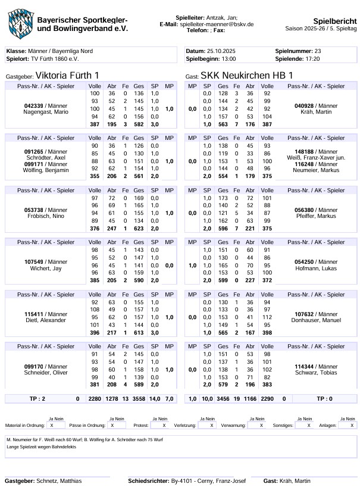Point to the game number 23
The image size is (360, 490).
(317, 51)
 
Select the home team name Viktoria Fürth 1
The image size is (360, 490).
(68, 76)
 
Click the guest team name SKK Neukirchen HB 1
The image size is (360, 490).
(247, 76)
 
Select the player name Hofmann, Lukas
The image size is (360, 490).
(316, 269)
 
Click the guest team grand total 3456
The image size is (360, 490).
(223, 398)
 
